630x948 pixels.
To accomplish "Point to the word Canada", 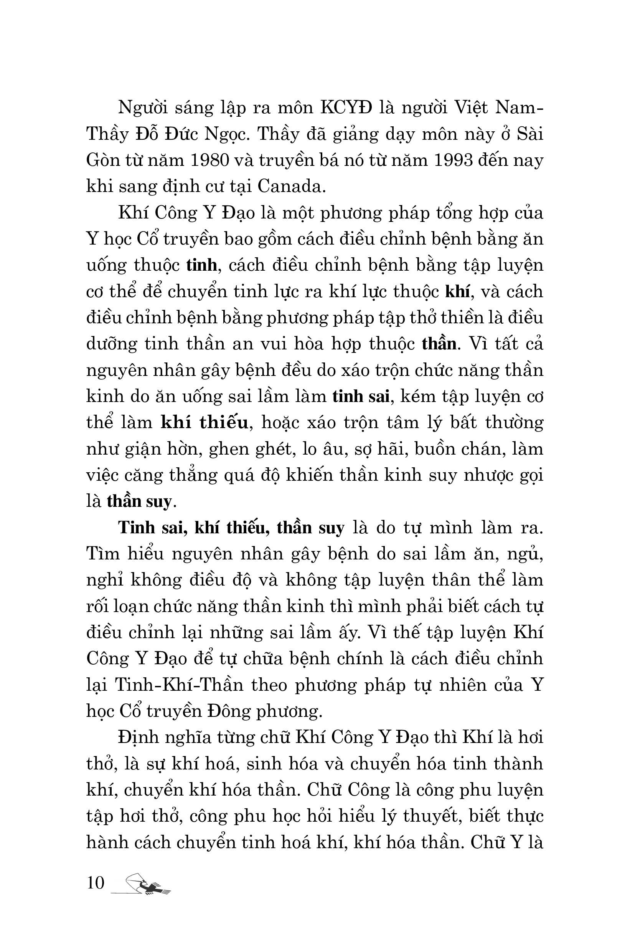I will (290, 187).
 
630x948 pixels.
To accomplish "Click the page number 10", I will (96, 882).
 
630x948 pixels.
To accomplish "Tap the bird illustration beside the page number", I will (147, 885).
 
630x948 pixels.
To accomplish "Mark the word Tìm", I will (102, 554).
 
